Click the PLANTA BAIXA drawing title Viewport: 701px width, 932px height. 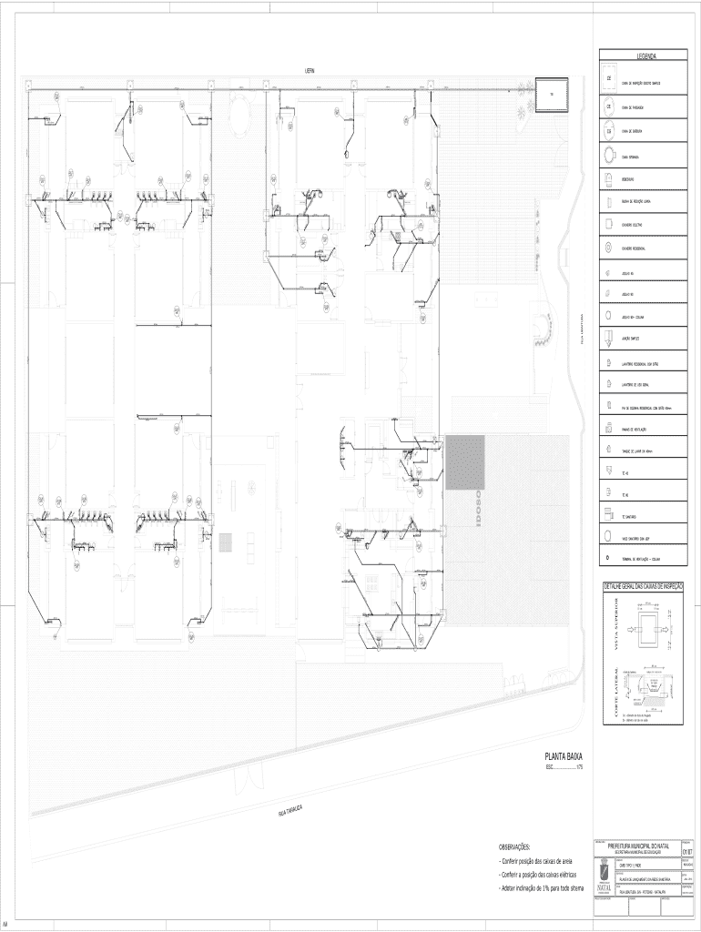pos(564,756)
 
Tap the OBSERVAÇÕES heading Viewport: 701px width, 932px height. pos(515,846)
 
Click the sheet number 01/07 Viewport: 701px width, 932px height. pos(686,852)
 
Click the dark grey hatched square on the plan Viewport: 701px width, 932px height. pos(464,462)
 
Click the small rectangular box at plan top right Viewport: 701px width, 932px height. pos(552,95)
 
